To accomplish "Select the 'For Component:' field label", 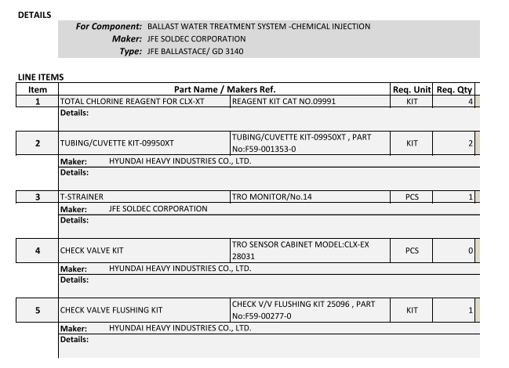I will pyautogui.click(x=108, y=27).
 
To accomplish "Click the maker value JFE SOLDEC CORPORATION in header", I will pyautogui.click(x=196, y=38).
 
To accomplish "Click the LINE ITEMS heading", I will pyautogui.click(x=40, y=77).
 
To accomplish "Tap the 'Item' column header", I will pyautogui.click(x=38, y=89).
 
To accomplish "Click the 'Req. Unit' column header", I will pyautogui.click(x=412, y=89).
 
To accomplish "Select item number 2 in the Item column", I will pyautogui.click(x=38, y=143).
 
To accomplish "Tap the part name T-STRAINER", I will pyautogui.click(x=82, y=197).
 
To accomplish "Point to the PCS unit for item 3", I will pyautogui.click(x=412, y=197).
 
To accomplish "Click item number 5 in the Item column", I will pyautogui.click(x=38, y=310).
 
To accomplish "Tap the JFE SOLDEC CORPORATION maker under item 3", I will pyautogui.click(x=158, y=209).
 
